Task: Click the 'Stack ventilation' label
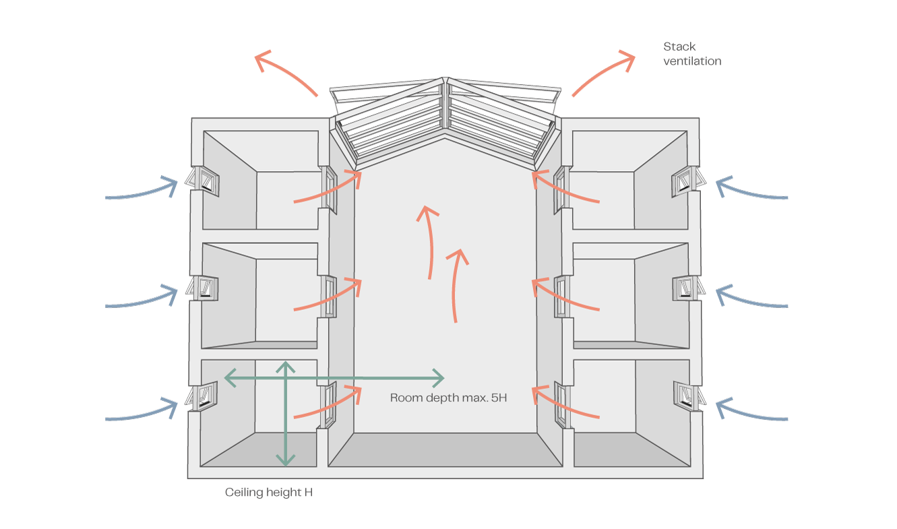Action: pyautogui.click(x=691, y=54)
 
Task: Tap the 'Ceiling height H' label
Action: pyautogui.click(x=268, y=493)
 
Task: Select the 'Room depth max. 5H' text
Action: pyautogui.click(x=448, y=398)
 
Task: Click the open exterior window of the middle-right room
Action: pyautogui.click(x=689, y=288)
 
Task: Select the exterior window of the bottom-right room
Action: pyautogui.click(x=689, y=396)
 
